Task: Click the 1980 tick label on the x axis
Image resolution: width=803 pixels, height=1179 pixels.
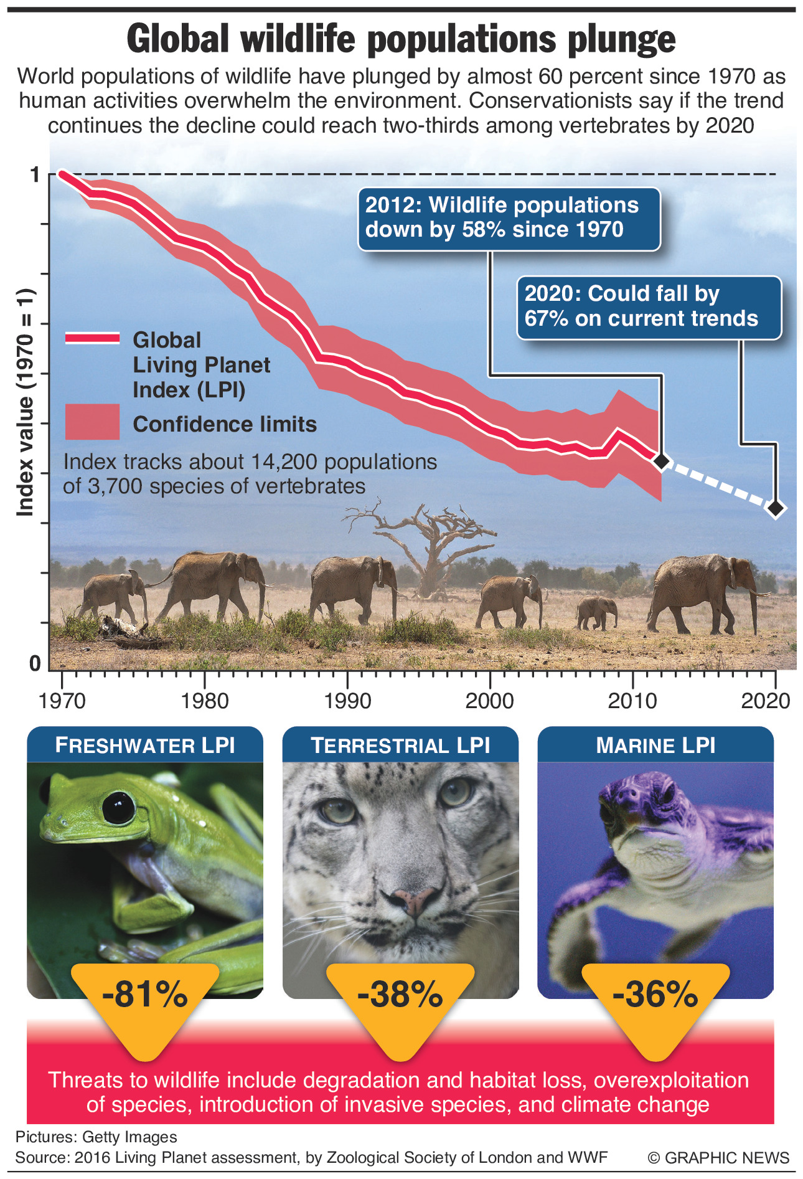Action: pyautogui.click(x=204, y=701)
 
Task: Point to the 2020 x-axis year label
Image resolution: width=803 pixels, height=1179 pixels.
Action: pyautogui.click(x=765, y=701)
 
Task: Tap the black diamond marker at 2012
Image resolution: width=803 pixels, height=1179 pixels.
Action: pyautogui.click(x=661, y=461)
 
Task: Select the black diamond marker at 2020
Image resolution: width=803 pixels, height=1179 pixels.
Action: pyautogui.click(x=775, y=508)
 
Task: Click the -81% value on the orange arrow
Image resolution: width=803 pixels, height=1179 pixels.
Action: pyautogui.click(x=144, y=994)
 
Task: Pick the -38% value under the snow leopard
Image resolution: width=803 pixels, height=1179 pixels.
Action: pyautogui.click(x=400, y=994)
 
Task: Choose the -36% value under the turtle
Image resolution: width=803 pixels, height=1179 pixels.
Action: pyautogui.click(x=655, y=994)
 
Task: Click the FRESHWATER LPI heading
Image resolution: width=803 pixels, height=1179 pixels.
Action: pyautogui.click(x=144, y=746)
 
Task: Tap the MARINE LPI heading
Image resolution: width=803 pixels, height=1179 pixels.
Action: pyautogui.click(x=655, y=746)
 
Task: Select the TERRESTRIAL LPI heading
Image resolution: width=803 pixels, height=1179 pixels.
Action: pyautogui.click(x=400, y=746)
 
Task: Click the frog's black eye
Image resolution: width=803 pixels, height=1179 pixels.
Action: pyautogui.click(x=118, y=807)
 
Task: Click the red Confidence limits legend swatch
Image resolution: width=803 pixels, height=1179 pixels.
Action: pyautogui.click(x=92, y=422)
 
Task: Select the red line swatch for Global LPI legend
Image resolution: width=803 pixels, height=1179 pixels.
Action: pyautogui.click(x=92, y=338)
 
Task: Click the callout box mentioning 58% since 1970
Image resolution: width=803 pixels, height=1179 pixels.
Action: pyautogui.click(x=509, y=219)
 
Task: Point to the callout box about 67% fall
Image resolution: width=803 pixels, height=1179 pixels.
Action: pyautogui.click(x=649, y=307)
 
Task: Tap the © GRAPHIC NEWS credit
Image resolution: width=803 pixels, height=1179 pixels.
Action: pyautogui.click(x=718, y=1158)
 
